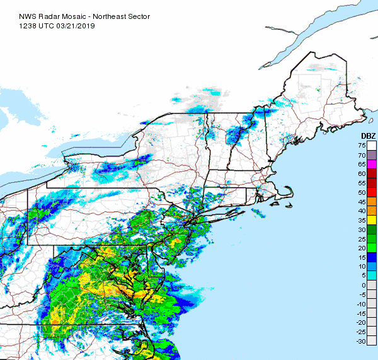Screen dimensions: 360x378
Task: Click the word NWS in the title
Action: coord(11,8)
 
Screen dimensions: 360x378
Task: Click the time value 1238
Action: coord(11,16)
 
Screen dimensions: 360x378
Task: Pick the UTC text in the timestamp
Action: coord(30,16)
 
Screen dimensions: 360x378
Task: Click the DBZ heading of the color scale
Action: coord(368,137)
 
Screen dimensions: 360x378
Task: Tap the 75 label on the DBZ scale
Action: coord(362,146)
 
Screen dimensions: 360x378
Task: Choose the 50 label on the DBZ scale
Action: coord(362,192)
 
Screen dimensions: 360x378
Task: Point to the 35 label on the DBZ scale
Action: coord(362,220)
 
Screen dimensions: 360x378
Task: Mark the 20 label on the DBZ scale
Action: coord(362,248)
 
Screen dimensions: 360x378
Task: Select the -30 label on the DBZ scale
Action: coord(361,341)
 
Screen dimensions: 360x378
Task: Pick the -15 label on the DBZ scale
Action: coord(361,313)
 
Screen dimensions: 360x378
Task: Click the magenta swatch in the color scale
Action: coord(372,165)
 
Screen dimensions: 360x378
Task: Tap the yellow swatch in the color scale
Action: coord(372,220)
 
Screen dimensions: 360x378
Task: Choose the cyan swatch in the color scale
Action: coord(372,276)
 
